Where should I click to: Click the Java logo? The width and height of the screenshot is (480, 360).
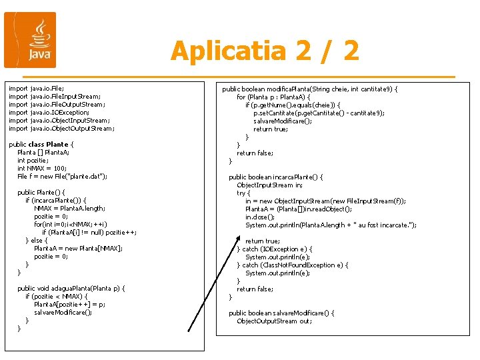(x=30, y=40)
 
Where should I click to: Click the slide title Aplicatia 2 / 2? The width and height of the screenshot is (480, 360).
(x=265, y=51)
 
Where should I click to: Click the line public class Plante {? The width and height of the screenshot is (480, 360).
(x=41, y=144)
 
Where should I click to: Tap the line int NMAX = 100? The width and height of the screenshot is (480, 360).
(x=42, y=168)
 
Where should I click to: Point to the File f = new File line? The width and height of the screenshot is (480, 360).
(x=62, y=176)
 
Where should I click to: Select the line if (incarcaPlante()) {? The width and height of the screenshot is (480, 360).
(x=56, y=200)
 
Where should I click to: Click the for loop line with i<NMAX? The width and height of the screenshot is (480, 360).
(x=71, y=224)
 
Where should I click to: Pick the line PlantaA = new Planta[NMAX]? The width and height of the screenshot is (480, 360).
(x=78, y=248)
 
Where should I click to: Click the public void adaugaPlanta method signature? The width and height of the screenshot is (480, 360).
(x=72, y=288)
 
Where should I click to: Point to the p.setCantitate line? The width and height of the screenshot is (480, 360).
(x=319, y=113)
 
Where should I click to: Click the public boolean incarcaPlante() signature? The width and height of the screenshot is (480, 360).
(x=276, y=177)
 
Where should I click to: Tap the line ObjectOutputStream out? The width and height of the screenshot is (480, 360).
(x=274, y=321)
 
